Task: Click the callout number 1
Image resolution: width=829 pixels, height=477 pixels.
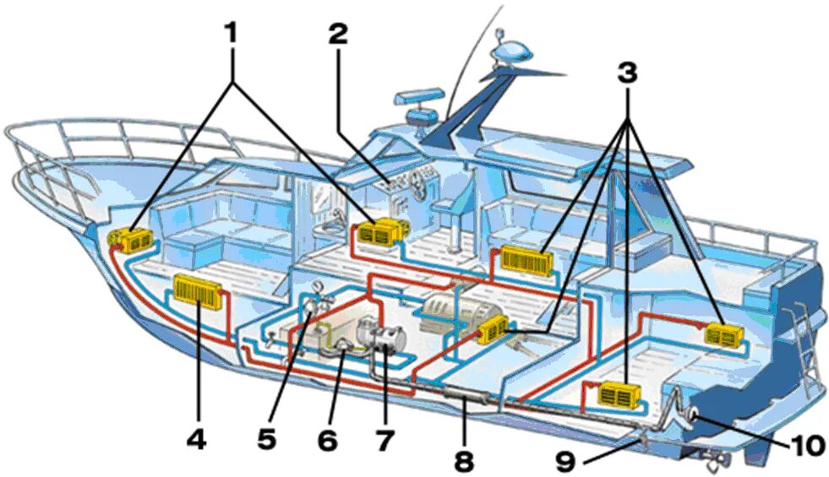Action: coord(230,33)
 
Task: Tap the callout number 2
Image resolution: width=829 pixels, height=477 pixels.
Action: coord(338,35)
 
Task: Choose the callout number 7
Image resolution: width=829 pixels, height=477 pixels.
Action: coord(385,440)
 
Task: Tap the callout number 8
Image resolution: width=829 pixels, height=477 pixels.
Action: coord(463,460)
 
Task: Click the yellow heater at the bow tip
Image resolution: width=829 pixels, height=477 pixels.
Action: coord(132,241)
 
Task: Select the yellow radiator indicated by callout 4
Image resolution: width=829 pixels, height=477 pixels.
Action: coord(199,292)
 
